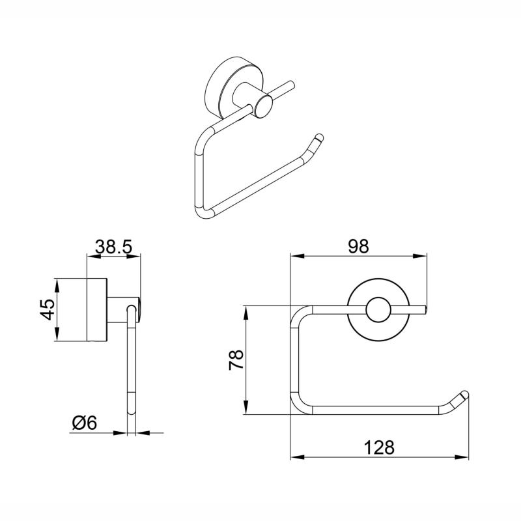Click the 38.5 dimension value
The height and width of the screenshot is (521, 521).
[x=114, y=247]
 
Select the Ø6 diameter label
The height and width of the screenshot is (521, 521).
[x=84, y=423]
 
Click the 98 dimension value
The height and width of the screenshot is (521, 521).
[x=358, y=246]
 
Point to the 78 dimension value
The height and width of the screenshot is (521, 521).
[x=236, y=359]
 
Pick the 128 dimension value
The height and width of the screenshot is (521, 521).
[x=380, y=447]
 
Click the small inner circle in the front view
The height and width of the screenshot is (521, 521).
[x=377, y=311]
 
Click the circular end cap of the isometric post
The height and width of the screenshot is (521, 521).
[x=264, y=106]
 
